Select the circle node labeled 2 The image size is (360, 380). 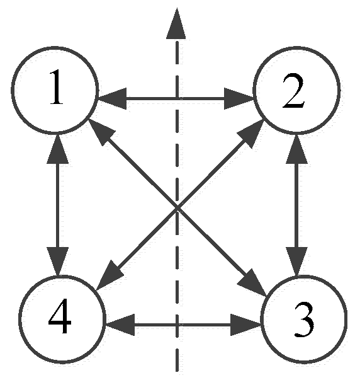tap(295, 96)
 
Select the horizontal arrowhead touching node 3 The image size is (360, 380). tap(247, 326)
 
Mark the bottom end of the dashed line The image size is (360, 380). tap(177, 369)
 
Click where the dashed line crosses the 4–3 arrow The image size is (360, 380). tap(177, 326)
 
